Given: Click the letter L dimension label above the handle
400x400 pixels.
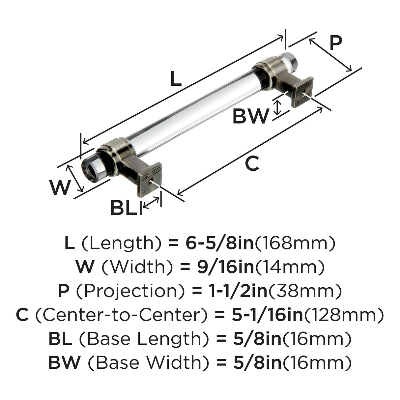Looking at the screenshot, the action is click(176, 78).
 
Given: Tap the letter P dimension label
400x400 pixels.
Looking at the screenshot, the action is click(336, 43).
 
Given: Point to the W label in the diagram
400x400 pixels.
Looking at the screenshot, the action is click(60, 187).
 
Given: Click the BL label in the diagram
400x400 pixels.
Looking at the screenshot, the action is click(124, 207).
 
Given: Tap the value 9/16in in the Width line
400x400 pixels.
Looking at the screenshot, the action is click(226, 267).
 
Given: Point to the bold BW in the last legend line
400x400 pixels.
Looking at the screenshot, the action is click(64, 363).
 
